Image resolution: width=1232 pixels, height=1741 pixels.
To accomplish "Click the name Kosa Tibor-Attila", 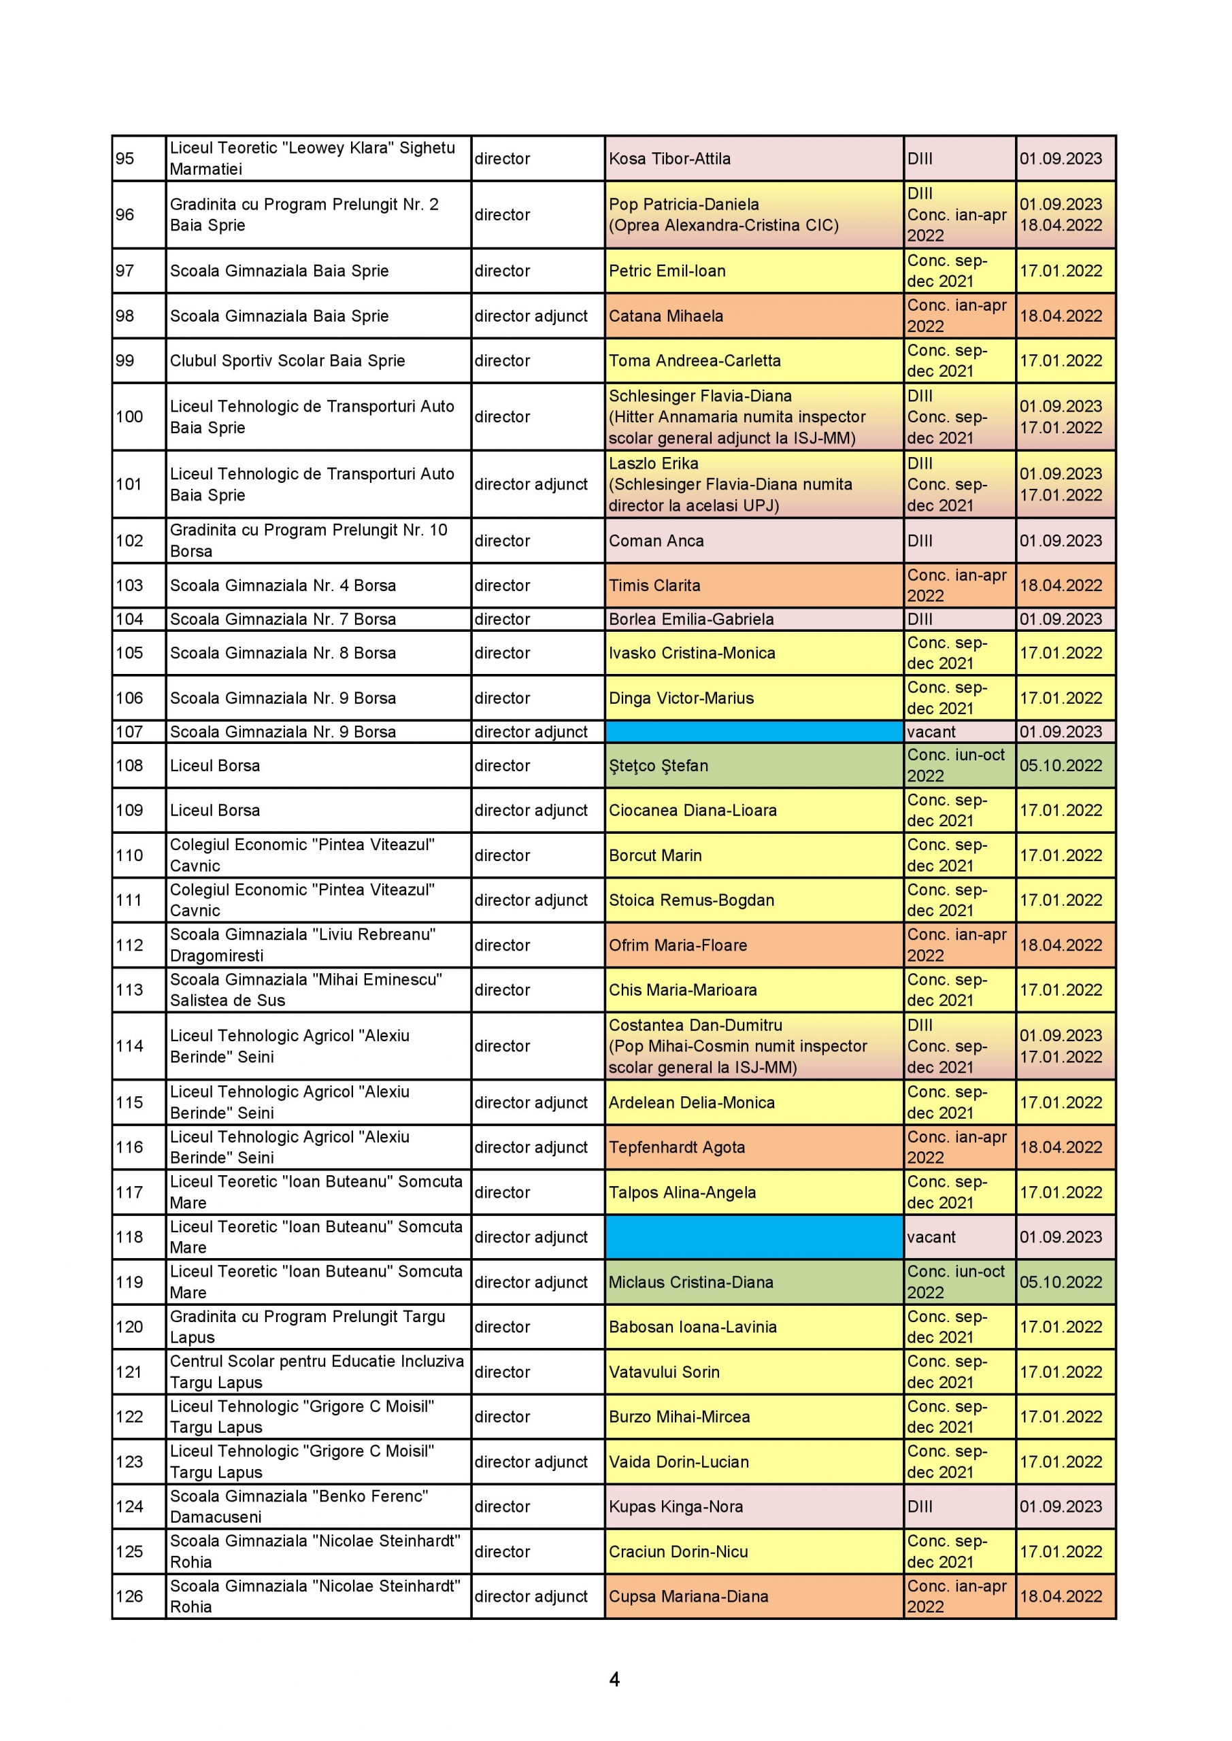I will (x=669, y=158).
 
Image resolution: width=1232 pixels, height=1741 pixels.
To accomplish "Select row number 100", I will (x=129, y=416).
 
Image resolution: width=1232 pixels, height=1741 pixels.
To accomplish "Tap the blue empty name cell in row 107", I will (x=753, y=732).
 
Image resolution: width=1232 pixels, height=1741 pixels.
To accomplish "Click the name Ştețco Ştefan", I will (x=658, y=766).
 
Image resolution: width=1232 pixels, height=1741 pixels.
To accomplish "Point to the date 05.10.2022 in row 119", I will (x=1060, y=1282).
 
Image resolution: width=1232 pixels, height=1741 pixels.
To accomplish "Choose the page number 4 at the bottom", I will (x=614, y=1680).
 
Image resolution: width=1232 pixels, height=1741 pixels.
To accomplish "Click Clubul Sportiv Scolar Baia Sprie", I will (x=287, y=361).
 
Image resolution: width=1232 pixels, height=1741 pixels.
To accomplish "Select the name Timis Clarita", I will (x=654, y=586).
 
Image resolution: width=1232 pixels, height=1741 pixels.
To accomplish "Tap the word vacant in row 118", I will (x=931, y=1238).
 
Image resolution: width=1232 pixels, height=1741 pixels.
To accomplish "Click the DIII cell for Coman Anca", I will (x=920, y=541).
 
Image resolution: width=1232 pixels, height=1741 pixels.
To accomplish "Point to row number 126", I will (x=129, y=1596).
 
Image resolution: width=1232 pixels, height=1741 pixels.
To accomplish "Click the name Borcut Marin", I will (x=654, y=856).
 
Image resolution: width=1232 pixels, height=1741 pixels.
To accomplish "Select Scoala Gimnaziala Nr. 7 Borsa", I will (x=282, y=620).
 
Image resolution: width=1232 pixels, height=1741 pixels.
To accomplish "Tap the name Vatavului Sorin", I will (x=664, y=1372).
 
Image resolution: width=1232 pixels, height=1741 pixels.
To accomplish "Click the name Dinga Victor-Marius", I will (x=680, y=698).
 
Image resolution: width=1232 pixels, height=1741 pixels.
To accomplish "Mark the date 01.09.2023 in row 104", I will (x=1060, y=620).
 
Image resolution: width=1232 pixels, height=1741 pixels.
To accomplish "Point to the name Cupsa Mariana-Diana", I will (x=688, y=1596).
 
